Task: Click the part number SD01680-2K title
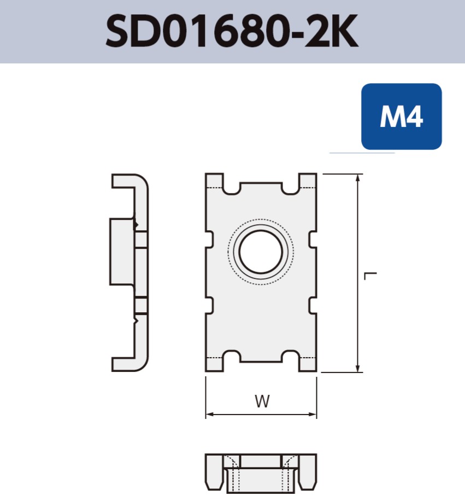pos(232,32)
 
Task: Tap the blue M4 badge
pos(401,116)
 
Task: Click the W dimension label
pos(262,402)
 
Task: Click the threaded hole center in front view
pos(261,252)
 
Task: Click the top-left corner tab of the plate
pos(215,181)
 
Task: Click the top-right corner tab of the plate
pos(308,181)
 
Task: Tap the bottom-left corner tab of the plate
pos(215,364)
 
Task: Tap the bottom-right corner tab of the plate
pos(308,364)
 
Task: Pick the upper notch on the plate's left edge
pos(209,238)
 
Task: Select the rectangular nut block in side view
pos(122,252)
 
